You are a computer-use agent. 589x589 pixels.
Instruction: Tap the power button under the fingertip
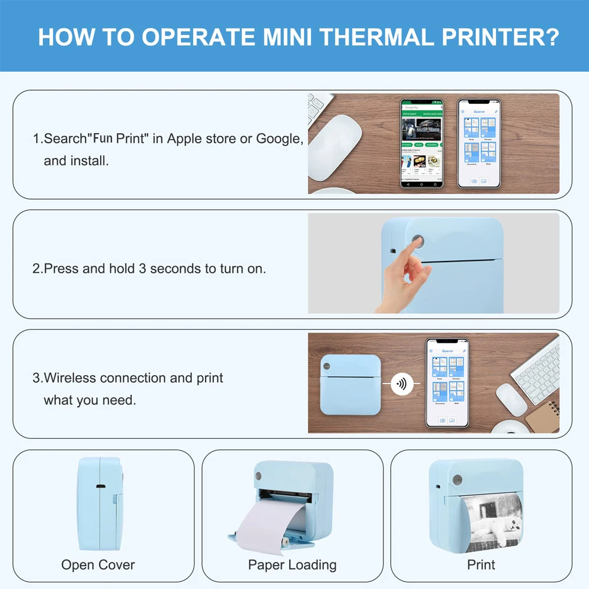[x=419, y=241]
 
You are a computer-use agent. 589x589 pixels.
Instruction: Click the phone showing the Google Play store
[x=422, y=143]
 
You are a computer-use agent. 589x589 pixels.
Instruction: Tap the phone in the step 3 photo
[x=447, y=383]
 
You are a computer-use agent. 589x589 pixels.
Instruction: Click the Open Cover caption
[x=98, y=565]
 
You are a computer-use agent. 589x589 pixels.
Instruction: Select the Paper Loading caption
[x=292, y=565]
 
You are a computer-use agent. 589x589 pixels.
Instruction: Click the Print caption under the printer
[x=481, y=565]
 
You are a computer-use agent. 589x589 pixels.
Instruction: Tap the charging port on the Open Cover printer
[x=100, y=488]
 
